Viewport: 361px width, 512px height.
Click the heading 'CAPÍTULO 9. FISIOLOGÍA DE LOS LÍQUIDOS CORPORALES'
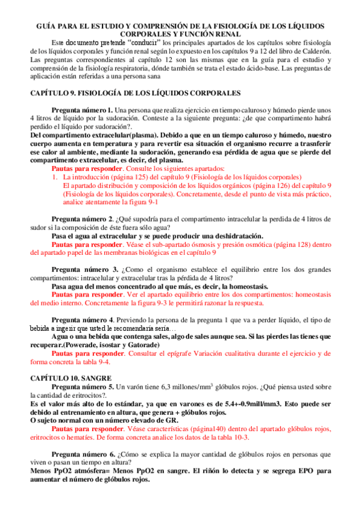point(136,93)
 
